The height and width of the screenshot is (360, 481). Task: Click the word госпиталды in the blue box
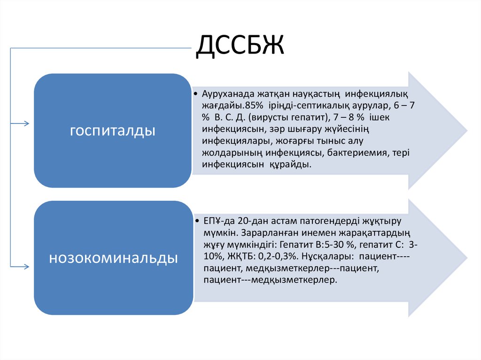tap(113, 130)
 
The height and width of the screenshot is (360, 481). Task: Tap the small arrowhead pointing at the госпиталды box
tap(26, 124)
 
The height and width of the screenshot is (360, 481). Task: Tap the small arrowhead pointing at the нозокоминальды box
tap(26, 266)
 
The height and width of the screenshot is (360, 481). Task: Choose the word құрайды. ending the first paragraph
tap(291, 165)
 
